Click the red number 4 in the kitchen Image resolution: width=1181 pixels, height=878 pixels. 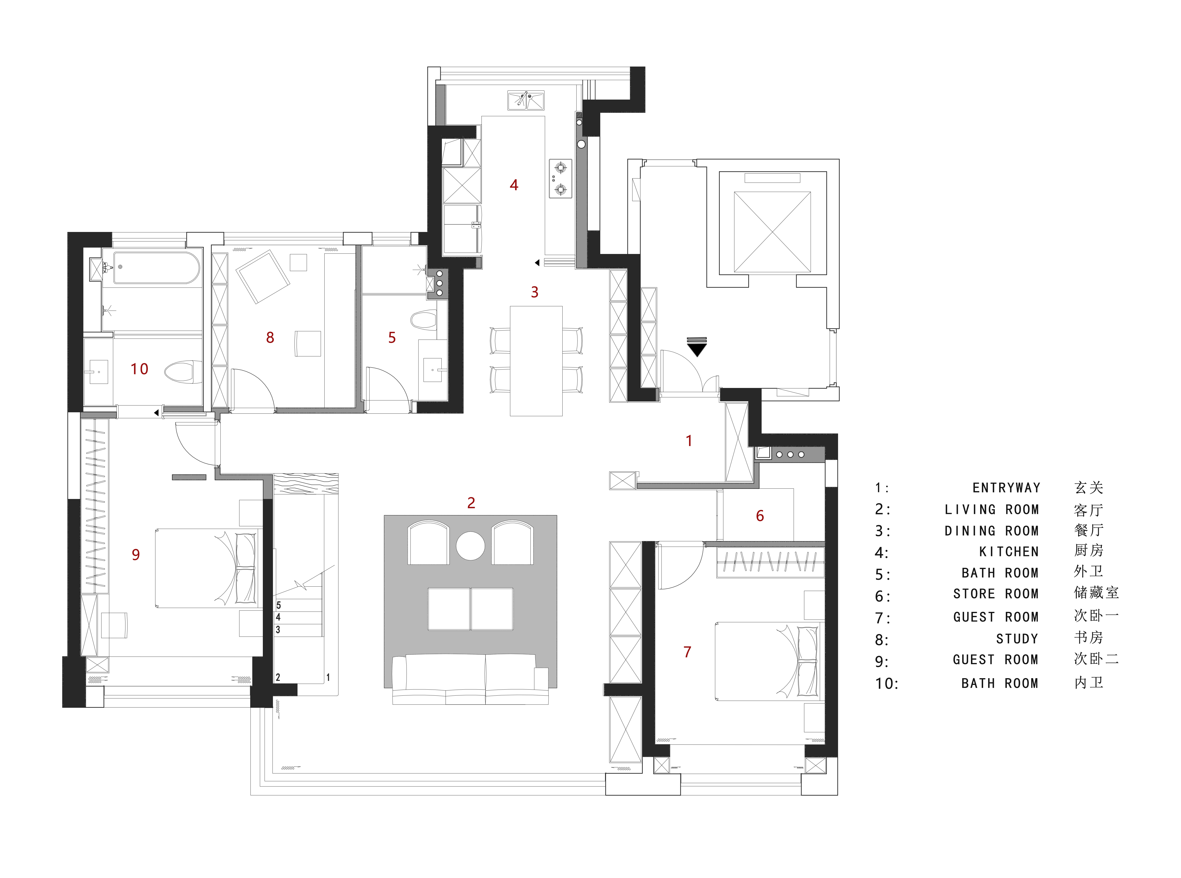514,185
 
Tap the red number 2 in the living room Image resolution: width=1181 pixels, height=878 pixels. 471,503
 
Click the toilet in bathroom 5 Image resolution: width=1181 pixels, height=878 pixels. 423,320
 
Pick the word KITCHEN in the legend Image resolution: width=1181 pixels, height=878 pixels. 1009,552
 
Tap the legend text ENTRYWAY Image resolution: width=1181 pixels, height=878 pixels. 1006,488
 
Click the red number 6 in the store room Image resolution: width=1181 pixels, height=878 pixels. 760,516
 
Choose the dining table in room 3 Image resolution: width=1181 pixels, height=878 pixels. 536,361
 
